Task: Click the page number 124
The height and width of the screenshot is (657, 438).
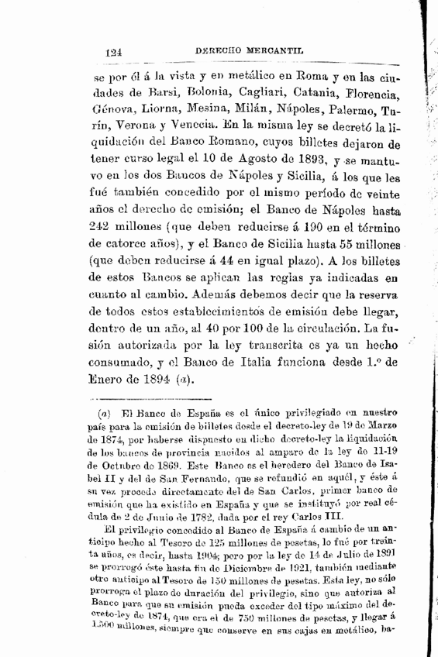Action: click(117, 52)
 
